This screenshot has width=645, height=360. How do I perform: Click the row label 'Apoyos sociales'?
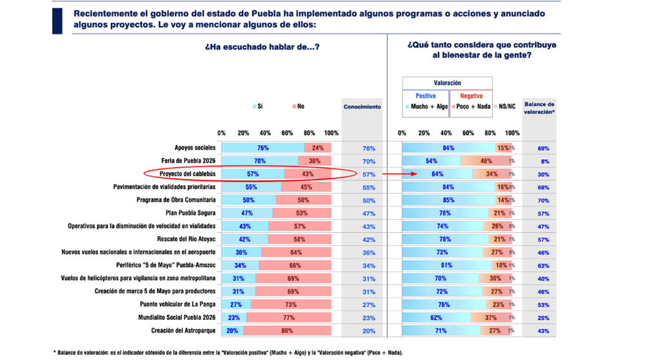click(195, 148)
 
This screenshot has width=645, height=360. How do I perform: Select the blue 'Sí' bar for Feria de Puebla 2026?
click(260, 161)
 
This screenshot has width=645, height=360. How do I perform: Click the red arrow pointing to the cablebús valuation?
click(395, 174)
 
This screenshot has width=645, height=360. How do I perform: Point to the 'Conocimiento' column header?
click(362, 107)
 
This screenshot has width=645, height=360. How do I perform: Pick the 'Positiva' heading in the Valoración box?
click(425, 96)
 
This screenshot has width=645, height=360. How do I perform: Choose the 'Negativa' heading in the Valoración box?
click(471, 96)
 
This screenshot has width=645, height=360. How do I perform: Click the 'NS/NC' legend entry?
click(507, 107)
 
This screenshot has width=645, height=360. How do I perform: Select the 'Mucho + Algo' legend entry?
click(429, 107)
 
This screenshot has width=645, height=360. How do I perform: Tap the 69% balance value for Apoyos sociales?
click(544, 148)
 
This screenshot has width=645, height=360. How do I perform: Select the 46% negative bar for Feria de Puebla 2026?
click(486, 161)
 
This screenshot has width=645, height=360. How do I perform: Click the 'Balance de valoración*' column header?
click(539, 108)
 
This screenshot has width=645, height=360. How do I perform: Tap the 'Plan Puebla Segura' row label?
click(190, 214)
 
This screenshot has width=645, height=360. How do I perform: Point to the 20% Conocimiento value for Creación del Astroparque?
click(368, 331)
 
